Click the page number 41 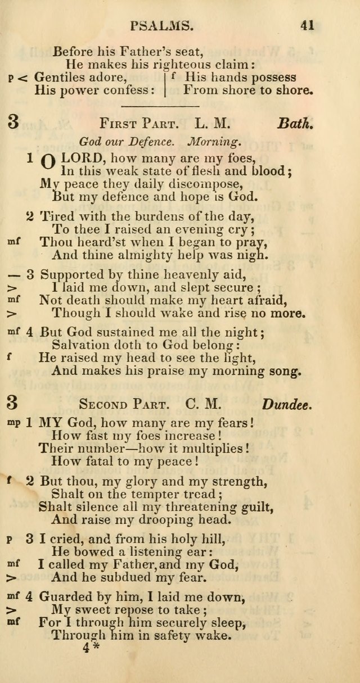(307, 25)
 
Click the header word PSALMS (162, 25)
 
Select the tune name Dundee (286, 403)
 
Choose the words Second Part (123, 404)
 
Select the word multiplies (210, 449)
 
